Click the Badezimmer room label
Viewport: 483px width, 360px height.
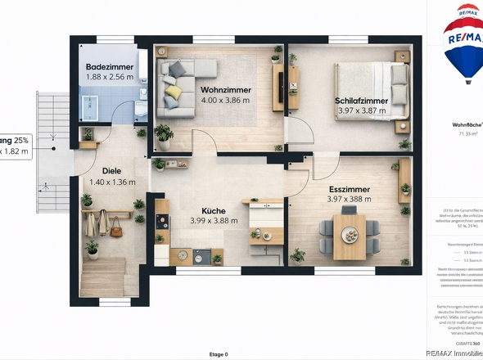tap(109, 66)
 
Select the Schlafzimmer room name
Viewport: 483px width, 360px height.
tap(361, 101)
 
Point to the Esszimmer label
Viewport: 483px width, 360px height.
tap(349, 189)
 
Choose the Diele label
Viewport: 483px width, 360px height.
tap(100, 171)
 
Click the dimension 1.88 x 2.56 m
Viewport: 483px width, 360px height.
tap(109, 77)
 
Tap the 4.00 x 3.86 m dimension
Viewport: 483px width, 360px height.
tap(225, 101)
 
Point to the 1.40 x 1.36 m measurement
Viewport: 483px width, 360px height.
tap(112, 182)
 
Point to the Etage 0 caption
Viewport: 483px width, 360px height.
tap(219, 353)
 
